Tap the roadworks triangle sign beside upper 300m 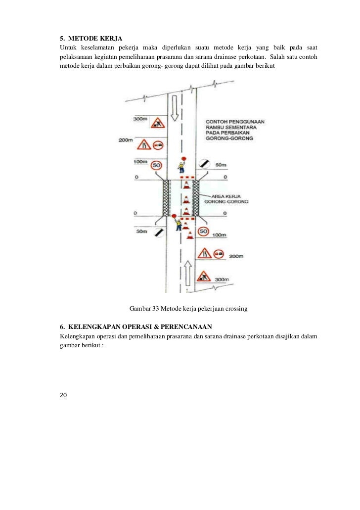tap(157, 122)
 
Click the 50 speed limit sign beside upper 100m tap(156, 164)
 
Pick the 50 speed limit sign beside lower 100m tap(203, 232)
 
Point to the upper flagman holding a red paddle tap(182, 166)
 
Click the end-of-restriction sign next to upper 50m tap(204, 163)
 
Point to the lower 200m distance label tap(237, 257)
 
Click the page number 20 tap(63, 394)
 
